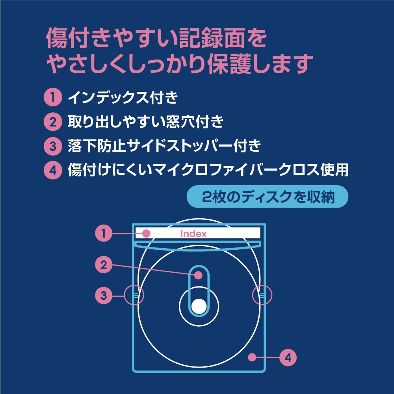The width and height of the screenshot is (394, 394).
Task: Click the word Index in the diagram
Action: coord(193,234)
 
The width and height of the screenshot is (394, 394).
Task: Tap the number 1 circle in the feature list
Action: coord(53,97)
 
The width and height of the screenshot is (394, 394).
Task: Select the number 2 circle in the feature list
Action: coord(53,122)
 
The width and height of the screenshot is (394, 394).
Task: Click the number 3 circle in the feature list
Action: coord(53,146)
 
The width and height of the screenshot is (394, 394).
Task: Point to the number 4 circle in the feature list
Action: coord(53,170)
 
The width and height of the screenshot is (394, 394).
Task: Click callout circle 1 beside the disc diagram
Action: coord(104,233)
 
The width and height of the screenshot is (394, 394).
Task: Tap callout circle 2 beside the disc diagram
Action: coord(104,265)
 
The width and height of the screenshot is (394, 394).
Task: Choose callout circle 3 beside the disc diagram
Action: coord(104,295)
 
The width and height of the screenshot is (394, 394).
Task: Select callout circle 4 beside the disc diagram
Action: coord(288,358)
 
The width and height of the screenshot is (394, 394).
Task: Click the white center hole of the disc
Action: coord(199,307)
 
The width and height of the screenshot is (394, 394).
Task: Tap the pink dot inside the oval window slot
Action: coord(199,275)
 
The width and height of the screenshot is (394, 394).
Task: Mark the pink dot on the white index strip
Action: coord(146,233)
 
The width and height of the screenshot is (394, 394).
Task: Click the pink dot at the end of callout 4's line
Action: coord(252,357)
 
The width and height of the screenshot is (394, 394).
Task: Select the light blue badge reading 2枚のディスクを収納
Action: coord(268,197)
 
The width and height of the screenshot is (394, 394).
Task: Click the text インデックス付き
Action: coord(123,97)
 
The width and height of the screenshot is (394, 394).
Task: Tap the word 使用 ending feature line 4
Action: coord(335,170)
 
